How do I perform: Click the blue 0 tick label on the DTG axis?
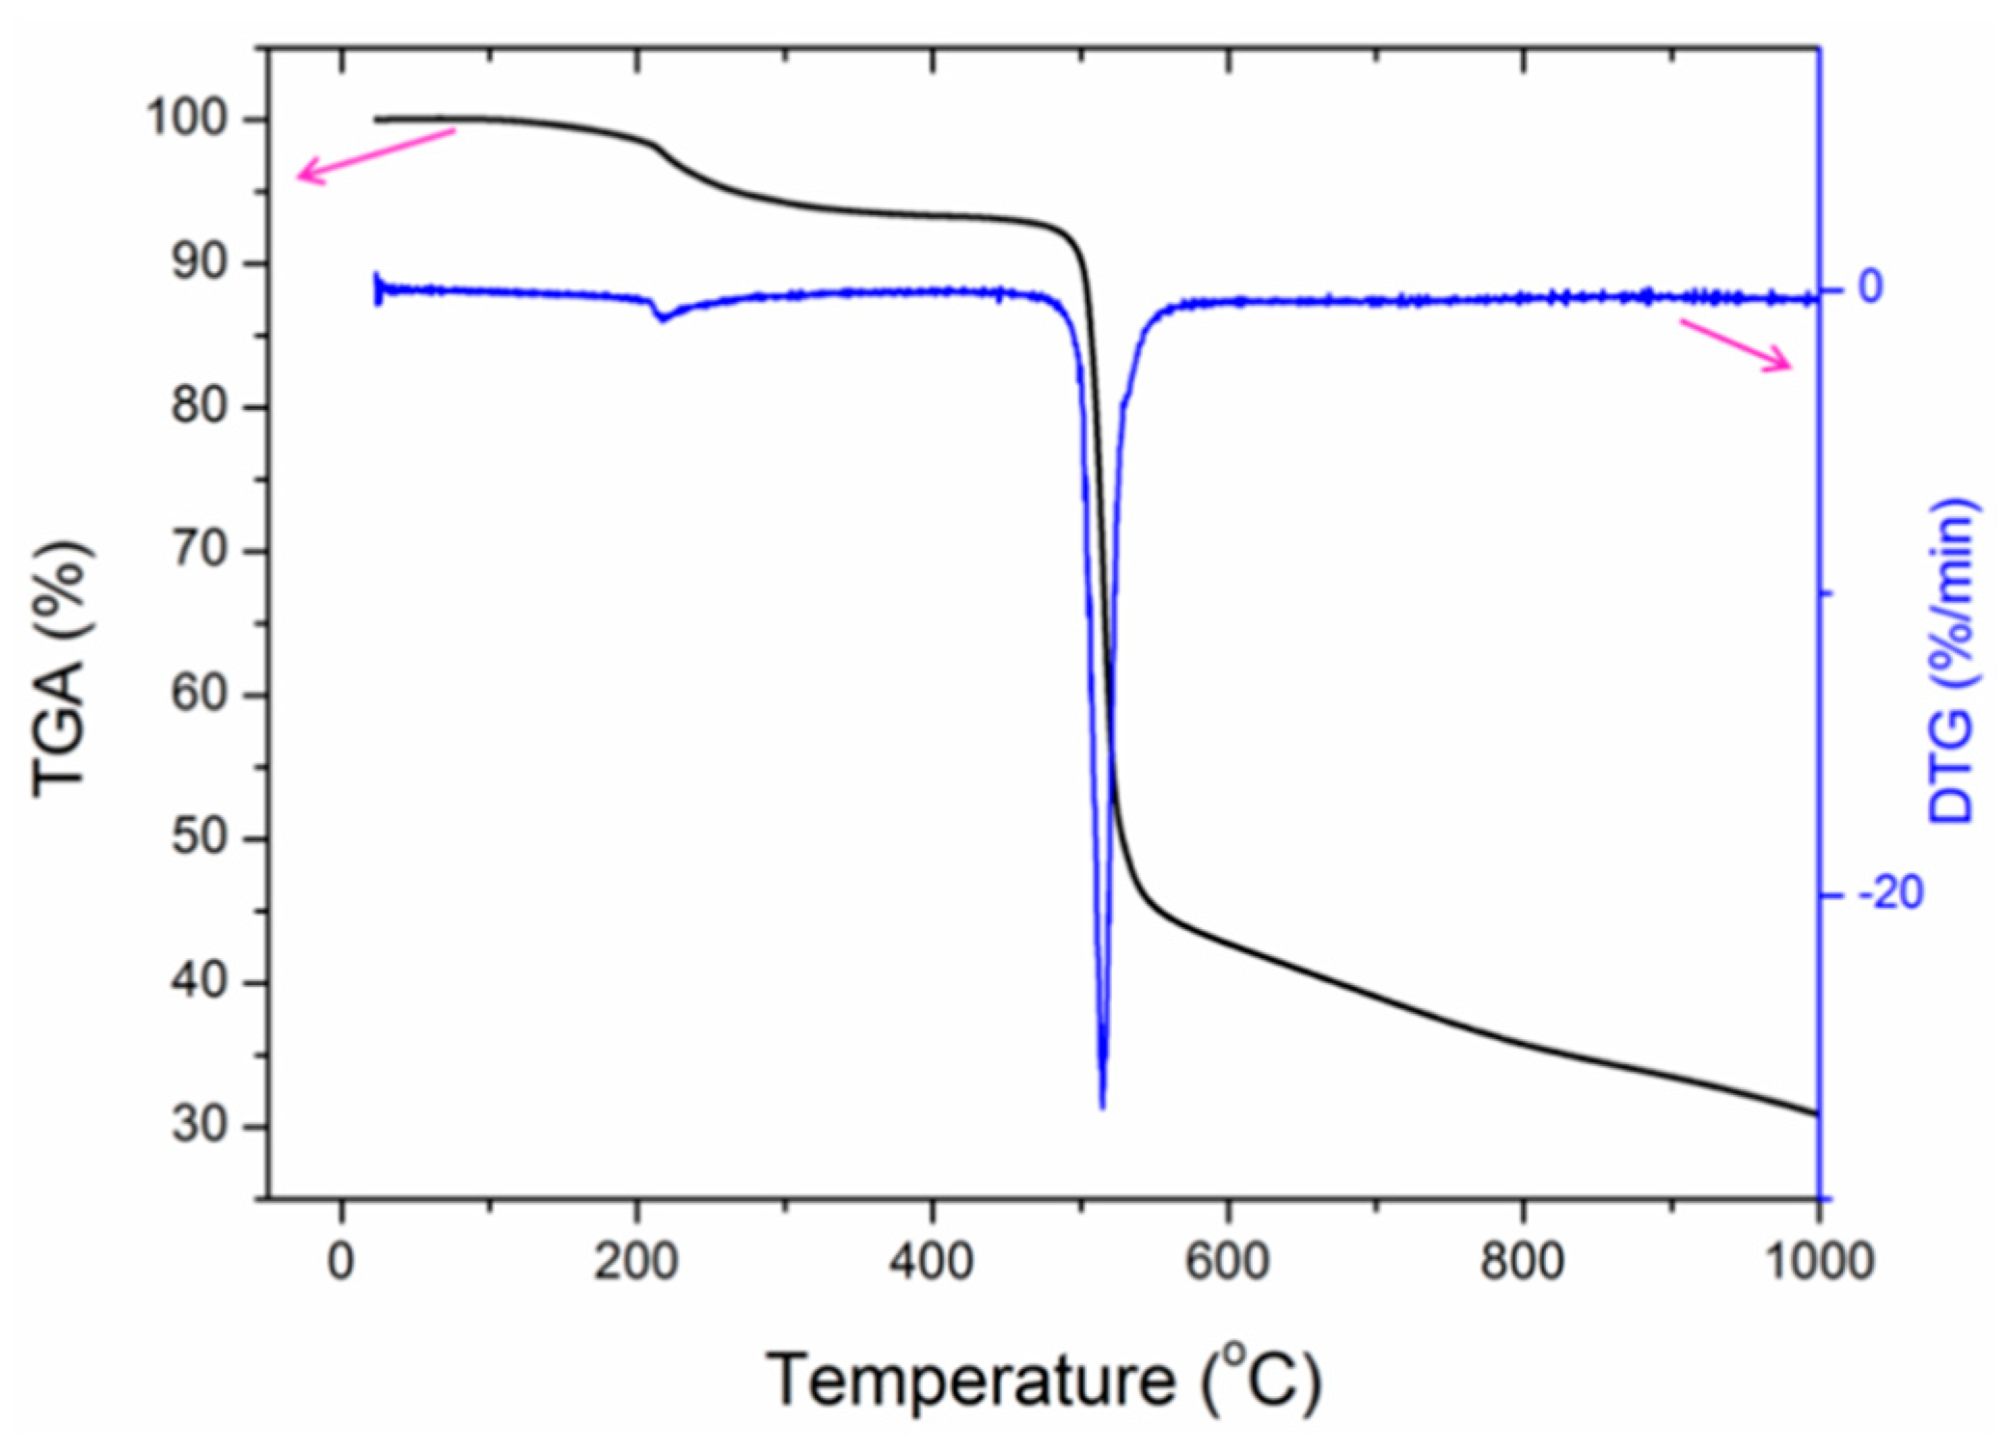click(x=1870, y=287)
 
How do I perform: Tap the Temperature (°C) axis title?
click(x=1044, y=1380)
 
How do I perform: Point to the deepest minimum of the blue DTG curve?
click(x=1102, y=1105)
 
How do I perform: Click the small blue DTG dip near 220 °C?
click(x=664, y=317)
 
